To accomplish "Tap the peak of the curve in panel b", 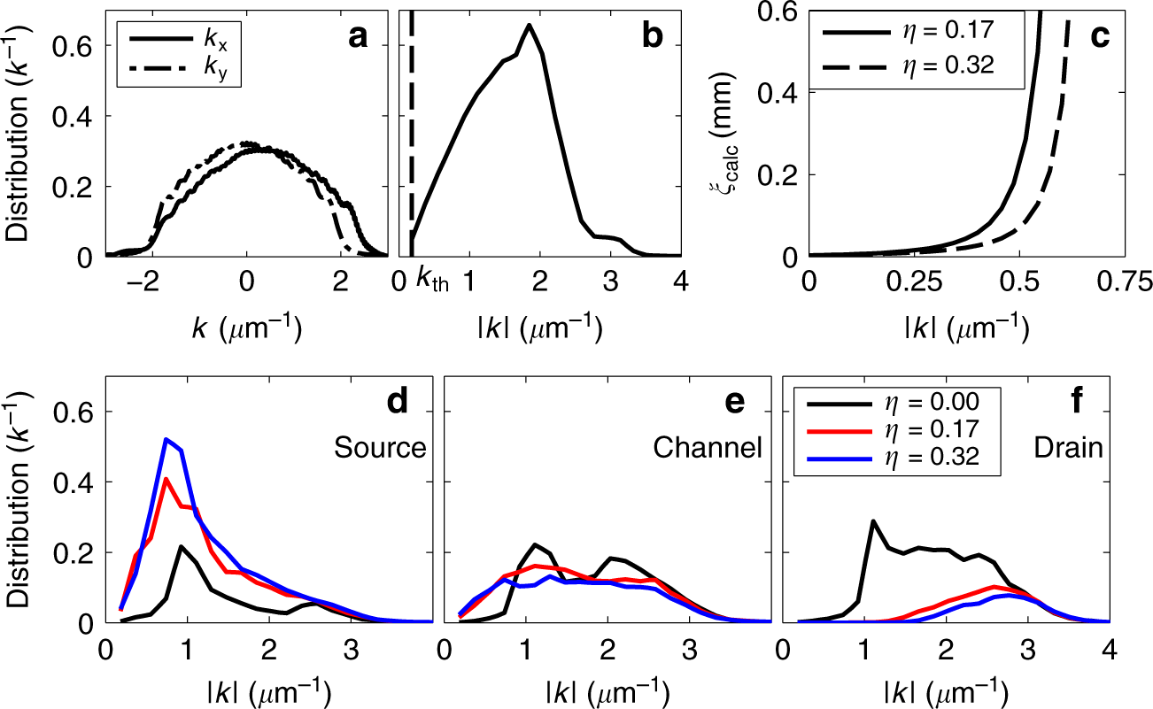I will tap(530, 25).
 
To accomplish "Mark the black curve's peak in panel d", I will tap(182, 546).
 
